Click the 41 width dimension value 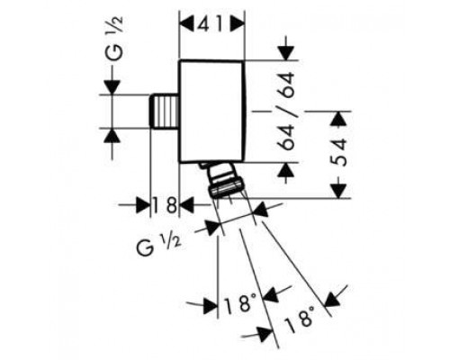pyautogui.click(x=211, y=25)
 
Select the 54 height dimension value pyautogui.click(x=339, y=152)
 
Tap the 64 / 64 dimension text pyautogui.click(x=285, y=111)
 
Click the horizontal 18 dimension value pyautogui.click(x=165, y=206)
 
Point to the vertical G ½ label pyautogui.click(x=114, y=38)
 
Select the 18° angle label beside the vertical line pyautogui.click(x=239, y=304)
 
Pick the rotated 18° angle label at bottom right pyautogui.click(x=300, y=319)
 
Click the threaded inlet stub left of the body pyautogui.click(x=164, y=111)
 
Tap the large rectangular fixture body pyautogui.click(x=211, y=112)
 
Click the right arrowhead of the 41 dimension pyautogui.click(x=238, y=24)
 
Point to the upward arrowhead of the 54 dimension pyautogui.click(x=339, y=118)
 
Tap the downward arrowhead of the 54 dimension pyautogui.click(x=339, y=192)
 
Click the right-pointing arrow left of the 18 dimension pyautogui.click(x=142, y=205)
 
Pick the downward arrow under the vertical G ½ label pyautogui.click(x=112, y=87)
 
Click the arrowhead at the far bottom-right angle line pyautogui.click(x=332, y=300)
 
